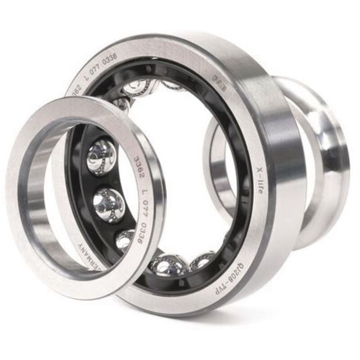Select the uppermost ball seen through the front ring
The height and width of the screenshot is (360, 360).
click(101, 156)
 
